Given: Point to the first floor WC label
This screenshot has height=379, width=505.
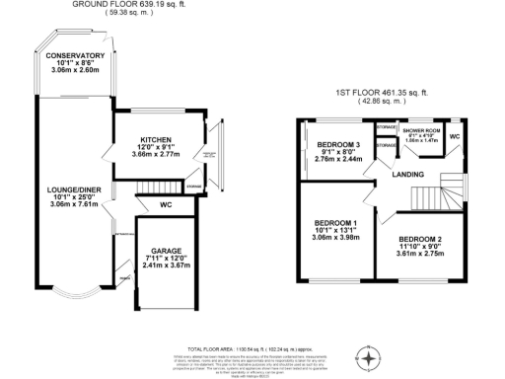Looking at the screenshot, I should [x=455, y=135].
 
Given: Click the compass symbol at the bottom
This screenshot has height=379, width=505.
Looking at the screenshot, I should [x=370, y=357].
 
